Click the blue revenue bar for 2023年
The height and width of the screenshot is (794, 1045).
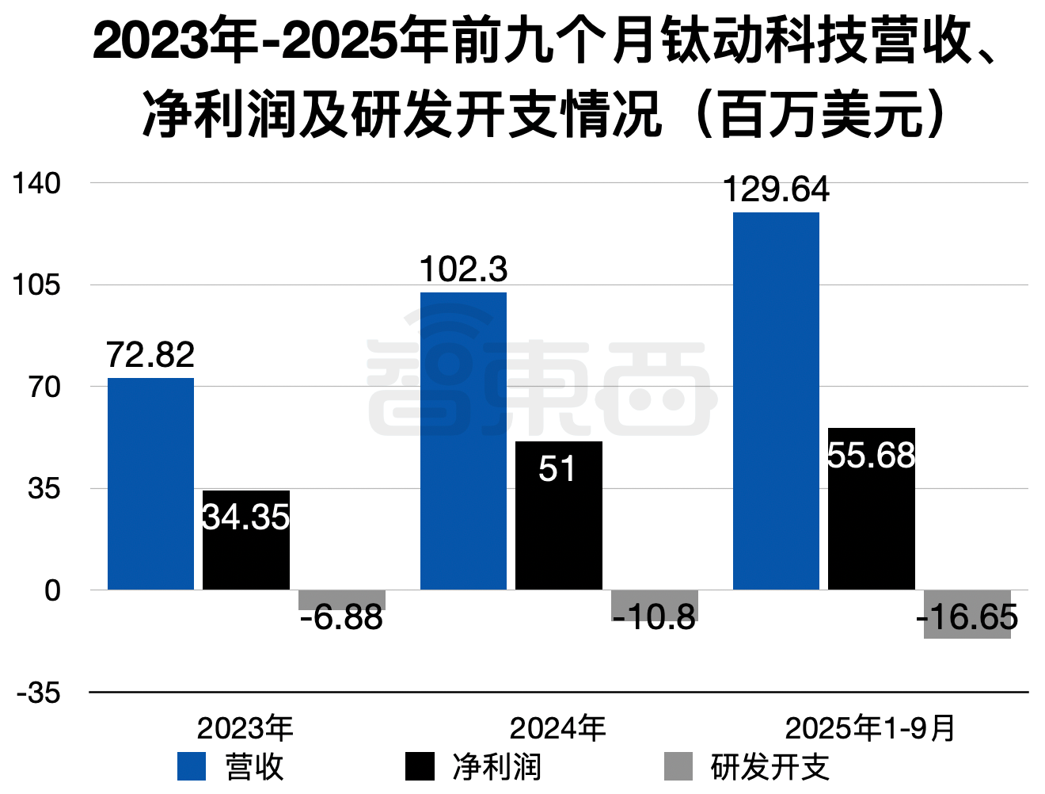click(x=150, y=483)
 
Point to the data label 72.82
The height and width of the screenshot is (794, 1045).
click(x=150, y=355)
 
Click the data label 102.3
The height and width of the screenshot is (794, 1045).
click(x=463, y=270)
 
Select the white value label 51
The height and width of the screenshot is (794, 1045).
click(x=557, y=469)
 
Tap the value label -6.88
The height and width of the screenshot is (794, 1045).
click(x=341, y=618)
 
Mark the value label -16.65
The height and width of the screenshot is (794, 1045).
click(x=967, y=617)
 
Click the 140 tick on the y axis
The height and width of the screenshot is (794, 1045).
click(x=36, y=183)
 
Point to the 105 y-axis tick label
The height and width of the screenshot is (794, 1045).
click(x=36, y=285)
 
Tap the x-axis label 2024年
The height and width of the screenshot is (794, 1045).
click(x=557, y=728)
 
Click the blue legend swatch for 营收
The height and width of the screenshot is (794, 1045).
click(x=191, y=766)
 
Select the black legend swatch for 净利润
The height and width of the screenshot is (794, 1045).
click(x=420, y=766)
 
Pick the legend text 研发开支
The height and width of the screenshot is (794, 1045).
click(x=769, y=766)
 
